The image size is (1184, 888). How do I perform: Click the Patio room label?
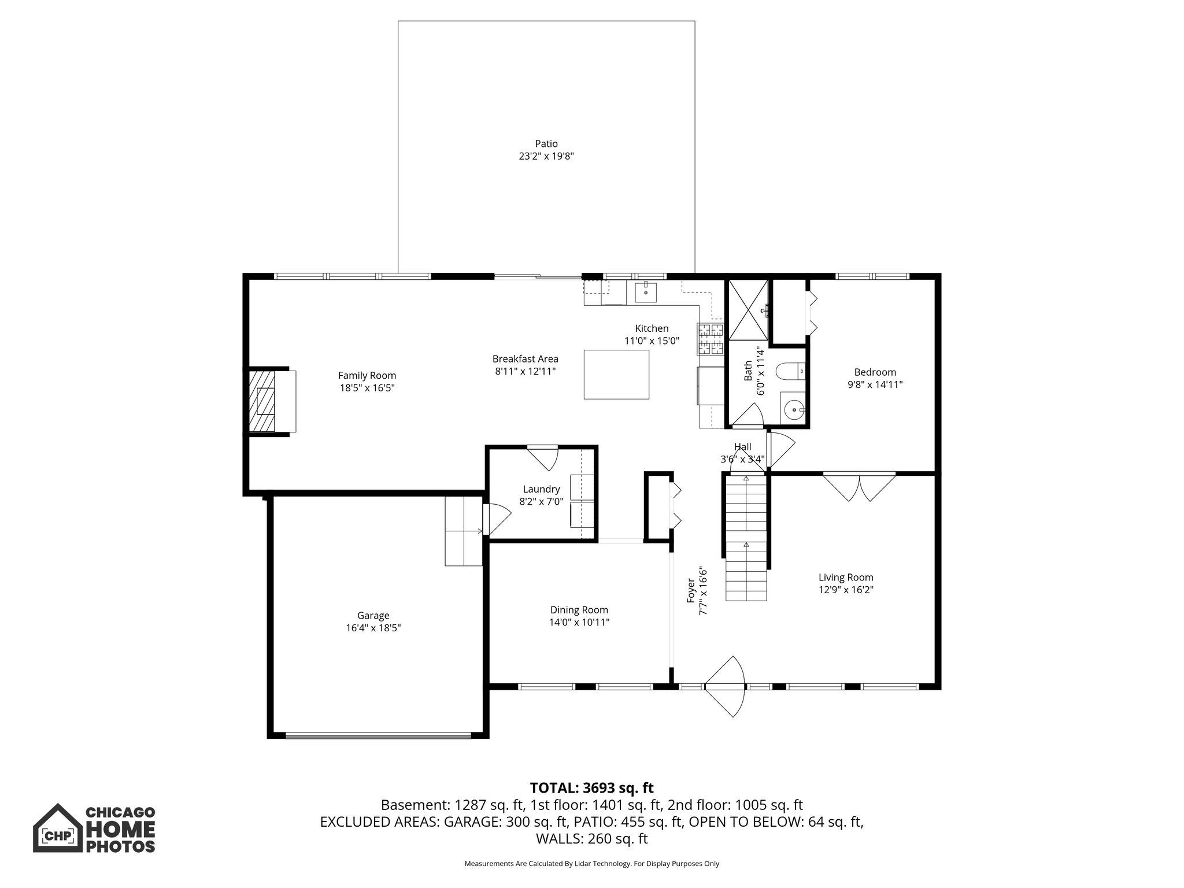click(x=546, y=143)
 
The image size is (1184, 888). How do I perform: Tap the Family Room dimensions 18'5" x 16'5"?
click(x=367, y=388)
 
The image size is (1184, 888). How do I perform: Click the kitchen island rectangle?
click(x=616, y=374)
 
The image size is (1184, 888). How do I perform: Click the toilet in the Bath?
click(x=790, y=371)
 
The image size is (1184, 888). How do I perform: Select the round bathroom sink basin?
click(x=795, y=410)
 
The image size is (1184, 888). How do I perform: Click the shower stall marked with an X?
click(x=749, y=309)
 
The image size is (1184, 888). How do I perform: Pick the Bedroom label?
click(x=875, y=372)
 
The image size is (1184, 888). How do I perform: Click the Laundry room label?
click(x=541, y=489)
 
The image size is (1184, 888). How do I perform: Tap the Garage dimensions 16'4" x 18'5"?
click(x=373, y=628)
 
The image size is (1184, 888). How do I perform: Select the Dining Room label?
click(x=579, y=610)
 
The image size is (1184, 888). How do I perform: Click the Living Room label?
click(x=846, y=577)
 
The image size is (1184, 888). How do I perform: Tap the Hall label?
click(x=743, y=446)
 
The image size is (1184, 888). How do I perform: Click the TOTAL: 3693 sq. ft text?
click(x=591, y=787)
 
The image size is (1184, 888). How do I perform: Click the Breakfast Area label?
click(x=526, y=358)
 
